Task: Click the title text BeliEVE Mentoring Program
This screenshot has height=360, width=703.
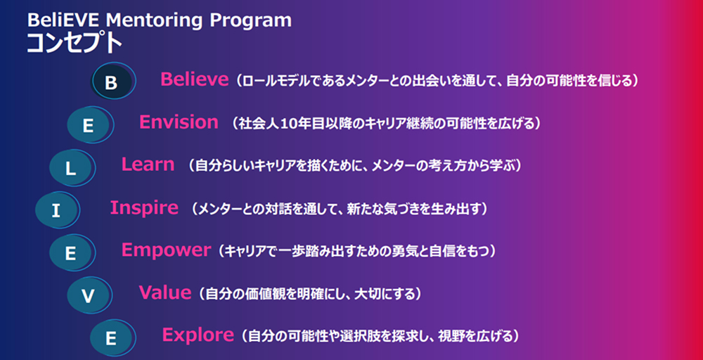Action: pos(159,20)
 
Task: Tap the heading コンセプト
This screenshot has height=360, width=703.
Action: pos(75,44)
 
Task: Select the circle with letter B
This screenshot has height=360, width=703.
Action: pos(113,81)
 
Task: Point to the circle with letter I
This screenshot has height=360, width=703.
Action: pos(58,211)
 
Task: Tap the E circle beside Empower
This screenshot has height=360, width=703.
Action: pos(72,253)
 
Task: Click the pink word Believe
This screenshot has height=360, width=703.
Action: pos(195,79)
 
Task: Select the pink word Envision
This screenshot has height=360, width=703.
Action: pos(179,122)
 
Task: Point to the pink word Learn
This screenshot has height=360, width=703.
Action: pos(148,165)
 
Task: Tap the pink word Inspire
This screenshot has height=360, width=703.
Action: pos(144,207)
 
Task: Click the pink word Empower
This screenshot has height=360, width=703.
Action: pos(166,250)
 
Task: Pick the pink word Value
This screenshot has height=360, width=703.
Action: pos(165,292)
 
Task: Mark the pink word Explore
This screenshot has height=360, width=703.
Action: pos(198,335)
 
